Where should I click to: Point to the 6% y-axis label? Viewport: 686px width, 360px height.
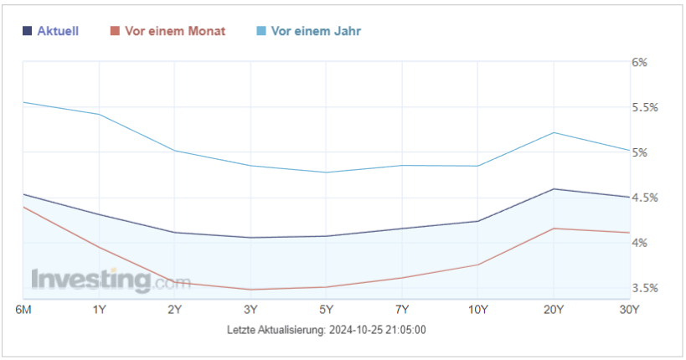(640, 62)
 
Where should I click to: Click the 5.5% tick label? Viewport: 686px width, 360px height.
(644, 107)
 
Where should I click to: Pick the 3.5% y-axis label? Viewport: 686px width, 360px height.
(644, 288)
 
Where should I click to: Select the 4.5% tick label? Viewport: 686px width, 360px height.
(644, 198)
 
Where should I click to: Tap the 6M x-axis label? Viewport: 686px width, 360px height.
(23, 310)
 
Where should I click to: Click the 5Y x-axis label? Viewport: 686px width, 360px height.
(326, 310)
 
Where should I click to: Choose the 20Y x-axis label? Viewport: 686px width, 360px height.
(553, 310)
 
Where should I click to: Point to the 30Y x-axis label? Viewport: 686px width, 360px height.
(628, 310)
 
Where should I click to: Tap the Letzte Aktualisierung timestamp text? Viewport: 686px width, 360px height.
(327, 330)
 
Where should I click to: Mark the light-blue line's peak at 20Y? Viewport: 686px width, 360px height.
(554, 132)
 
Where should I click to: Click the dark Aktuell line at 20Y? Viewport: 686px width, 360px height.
(554, 189)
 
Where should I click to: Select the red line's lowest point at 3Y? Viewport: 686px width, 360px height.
(250, 290)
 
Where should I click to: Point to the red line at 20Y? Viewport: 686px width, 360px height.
(554, 229)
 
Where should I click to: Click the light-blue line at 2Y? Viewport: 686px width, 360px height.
(174, 151)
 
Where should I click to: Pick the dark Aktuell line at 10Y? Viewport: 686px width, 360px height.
(478, 221)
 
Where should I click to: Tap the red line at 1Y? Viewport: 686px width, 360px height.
(99, 246)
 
